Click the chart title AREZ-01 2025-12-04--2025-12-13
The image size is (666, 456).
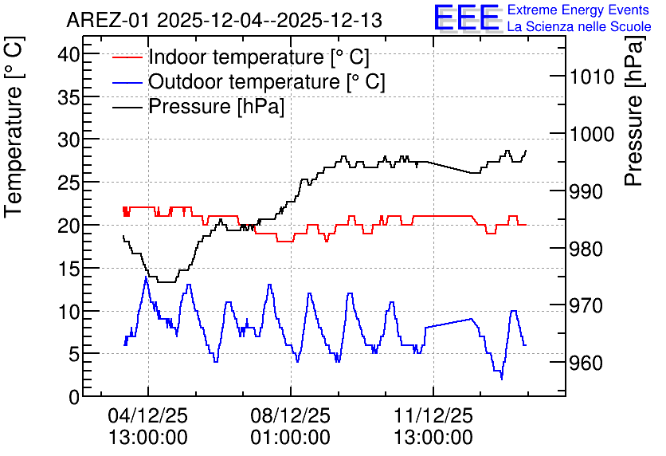[225, 20]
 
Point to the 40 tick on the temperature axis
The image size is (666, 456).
[69, 54]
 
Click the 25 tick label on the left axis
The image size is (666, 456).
[69, 183]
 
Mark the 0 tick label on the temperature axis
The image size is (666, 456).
[74, 397]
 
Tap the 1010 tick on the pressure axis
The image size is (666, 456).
[592, 77]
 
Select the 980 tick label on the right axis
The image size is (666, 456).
[586, 249]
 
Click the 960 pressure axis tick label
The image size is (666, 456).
[586, 364]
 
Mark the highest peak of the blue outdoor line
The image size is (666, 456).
[146, 277]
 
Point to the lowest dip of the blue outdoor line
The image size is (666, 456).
[502, 378]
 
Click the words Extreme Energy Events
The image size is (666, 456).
[578, 10]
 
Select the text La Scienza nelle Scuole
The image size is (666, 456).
[579, 27]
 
